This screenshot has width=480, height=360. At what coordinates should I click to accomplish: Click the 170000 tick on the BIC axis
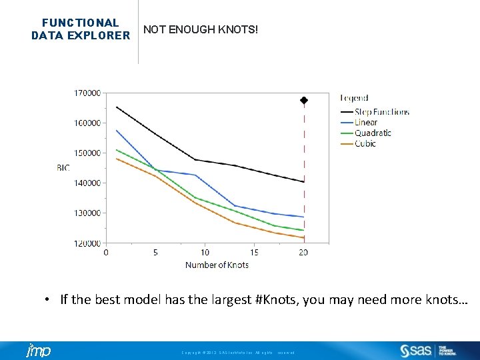click(87, 93)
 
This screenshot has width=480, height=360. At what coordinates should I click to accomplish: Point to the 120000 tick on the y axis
click(87, 243)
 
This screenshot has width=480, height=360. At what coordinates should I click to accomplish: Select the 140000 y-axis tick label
click(87, 183)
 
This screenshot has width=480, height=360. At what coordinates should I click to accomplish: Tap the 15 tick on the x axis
click(254, 253)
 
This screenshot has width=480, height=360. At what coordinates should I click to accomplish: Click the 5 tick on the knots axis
click(155, 253)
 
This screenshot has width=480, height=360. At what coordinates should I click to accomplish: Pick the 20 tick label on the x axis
click(303, 253)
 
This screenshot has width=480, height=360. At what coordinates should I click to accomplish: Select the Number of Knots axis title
click(217, 265)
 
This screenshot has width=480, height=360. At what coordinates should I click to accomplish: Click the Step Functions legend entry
click(381, 112)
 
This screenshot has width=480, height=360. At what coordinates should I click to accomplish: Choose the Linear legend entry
click(365, 123)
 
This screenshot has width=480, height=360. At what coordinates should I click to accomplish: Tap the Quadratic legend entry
click(373, 133)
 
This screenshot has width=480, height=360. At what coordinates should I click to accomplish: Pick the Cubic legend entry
click(365, 143)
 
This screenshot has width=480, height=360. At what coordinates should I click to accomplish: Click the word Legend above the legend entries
click(354, 98)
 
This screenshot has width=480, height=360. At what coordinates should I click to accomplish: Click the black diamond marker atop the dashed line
click(304, 101)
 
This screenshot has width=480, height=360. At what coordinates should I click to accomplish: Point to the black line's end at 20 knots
click(304, 181)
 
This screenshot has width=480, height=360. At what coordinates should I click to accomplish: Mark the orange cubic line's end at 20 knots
click(304, 237)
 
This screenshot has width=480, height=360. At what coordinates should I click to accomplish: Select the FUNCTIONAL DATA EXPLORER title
click(81, 29)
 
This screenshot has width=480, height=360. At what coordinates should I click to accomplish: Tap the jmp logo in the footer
click(38, 351)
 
